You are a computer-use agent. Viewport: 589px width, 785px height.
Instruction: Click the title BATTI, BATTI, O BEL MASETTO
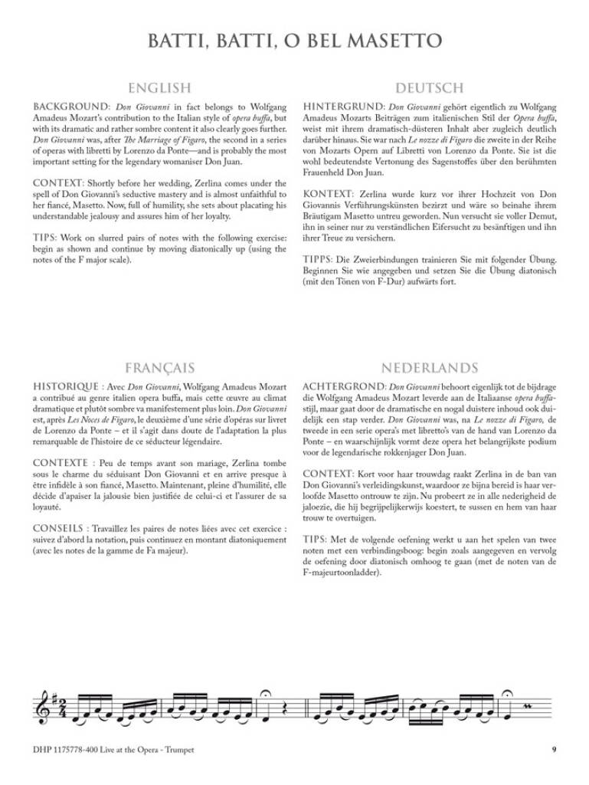(294, 41)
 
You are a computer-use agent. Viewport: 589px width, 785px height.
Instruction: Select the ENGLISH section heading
(159, 88)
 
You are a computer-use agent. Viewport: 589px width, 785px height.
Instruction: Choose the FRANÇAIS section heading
(159, 368)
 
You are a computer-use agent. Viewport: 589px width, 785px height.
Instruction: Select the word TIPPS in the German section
(319, 260)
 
